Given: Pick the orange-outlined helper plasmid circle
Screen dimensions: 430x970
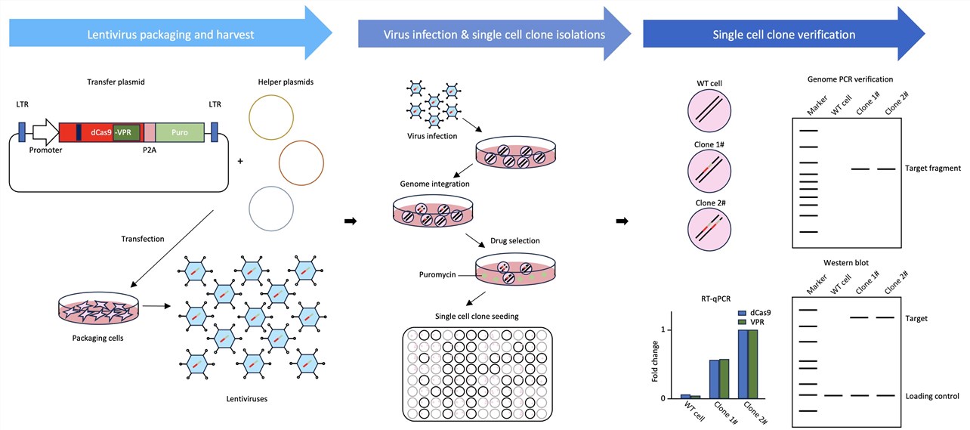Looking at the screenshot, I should (x=301, y=161).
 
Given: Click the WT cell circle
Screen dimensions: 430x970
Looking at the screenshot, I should (x=710, y=113).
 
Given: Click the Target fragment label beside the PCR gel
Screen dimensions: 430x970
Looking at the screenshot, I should (x=932, y=169).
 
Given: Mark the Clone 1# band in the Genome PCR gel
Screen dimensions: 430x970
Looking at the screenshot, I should (x=859, y=169).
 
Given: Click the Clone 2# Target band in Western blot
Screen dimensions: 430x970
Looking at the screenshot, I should (x=887, y=317).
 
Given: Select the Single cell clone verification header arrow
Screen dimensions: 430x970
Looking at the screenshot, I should (x=783, y=36).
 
